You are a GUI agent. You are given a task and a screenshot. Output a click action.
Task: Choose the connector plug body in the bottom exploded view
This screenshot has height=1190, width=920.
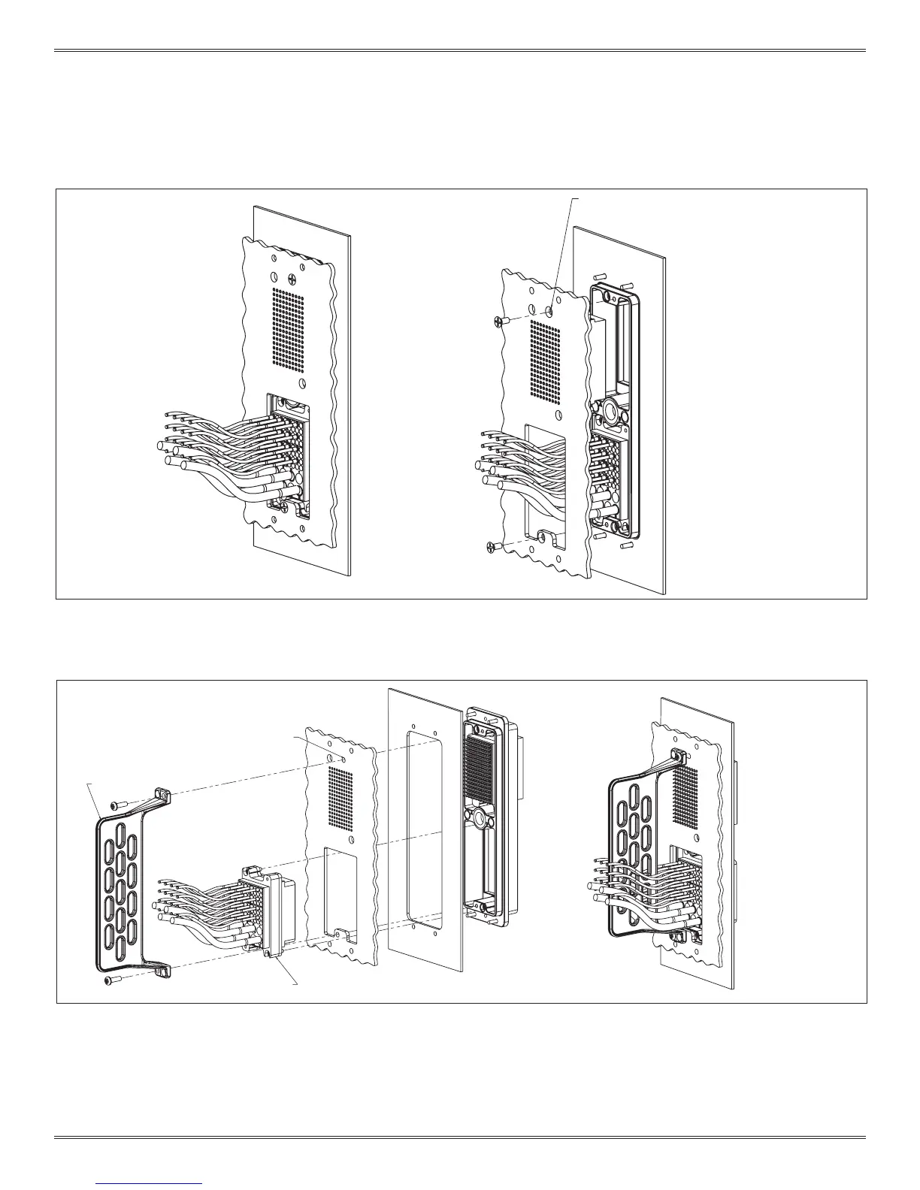267,913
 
